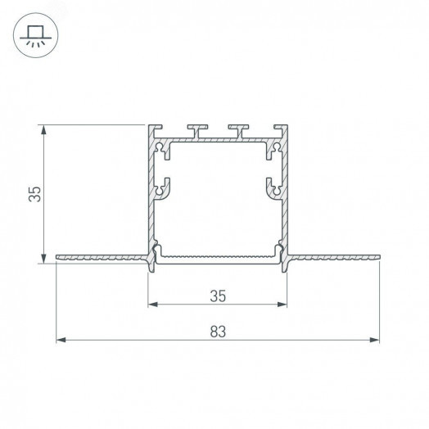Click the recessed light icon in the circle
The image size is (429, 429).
pos(35,36)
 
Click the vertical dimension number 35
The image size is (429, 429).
pos(34,194)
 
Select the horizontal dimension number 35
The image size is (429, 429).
pos(218,296)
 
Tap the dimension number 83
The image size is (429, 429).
pos(218,332)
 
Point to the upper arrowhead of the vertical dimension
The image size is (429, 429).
pos(43,130)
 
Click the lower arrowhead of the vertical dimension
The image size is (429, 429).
pos(43,259)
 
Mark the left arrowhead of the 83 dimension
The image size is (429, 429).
pos(61,340)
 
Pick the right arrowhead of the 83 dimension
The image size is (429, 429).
pos(374,340)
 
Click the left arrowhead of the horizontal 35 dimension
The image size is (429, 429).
pos(153,305)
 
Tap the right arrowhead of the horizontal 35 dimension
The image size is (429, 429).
pos(282,305)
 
